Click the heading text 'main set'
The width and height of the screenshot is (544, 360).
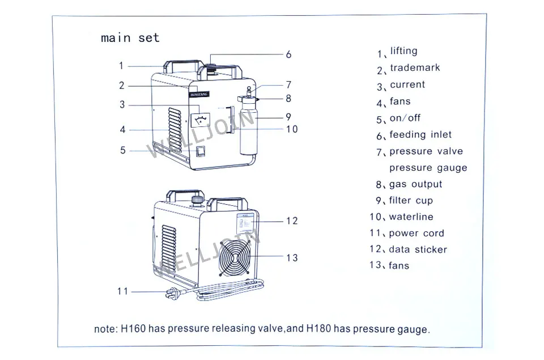pyautogui.click(x=130, y=37)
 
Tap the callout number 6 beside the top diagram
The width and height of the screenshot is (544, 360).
pyautogui.click(x=288, y=54)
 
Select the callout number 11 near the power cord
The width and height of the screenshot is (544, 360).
pyautogui.click(x=122, y=291)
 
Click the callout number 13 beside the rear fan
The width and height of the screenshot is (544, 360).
pyautogui.click(x=292, y=257)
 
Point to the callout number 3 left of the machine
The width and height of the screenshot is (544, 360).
pyautogui.click(x=122, y=104)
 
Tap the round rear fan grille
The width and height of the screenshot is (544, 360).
pyautogui.click(x=234, y=257)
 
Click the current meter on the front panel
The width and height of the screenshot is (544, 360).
pyautogui.click(x=201, y=120)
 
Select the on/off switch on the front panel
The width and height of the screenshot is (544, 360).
pyautogui.click(x=201, y=151)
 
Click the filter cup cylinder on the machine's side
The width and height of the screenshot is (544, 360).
pyautogui.click(x=249, y=127)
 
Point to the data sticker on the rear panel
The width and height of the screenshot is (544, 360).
pyautogui.click(x=245, y=223)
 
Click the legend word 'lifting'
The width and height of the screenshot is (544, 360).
pyautogui.click(x=403, y=51)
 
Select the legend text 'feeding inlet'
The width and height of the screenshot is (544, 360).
pyautogui.click(x=420, y=134)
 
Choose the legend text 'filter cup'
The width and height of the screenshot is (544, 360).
pyautogui.click(x=411, y=201)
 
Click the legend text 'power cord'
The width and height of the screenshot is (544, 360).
pyautogui.click(x=416, y=233)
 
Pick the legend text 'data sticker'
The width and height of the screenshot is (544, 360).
pyautogui.click(x=418, y=249)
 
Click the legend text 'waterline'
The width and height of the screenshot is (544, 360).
pyautogui.click(x=411, y=217)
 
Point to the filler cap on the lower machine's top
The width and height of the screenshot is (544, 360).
pyautogui.click(x=197, y=199)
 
